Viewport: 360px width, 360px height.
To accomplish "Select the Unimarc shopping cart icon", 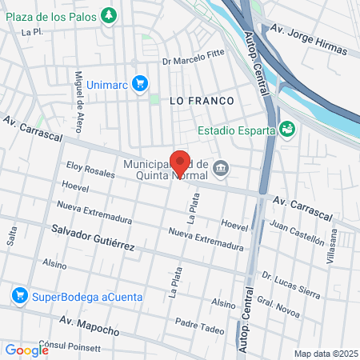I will (x=140, y=82).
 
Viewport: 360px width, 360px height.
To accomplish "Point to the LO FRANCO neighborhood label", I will (x=202, y=101).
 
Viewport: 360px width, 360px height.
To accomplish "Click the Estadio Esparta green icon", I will (x=287, y=128).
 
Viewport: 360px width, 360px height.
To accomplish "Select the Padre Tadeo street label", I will (x=199, y=326).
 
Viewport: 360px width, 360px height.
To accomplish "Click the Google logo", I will (x=26, y=350).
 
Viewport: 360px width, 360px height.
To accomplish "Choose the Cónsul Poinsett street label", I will (x=74, y=348).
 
